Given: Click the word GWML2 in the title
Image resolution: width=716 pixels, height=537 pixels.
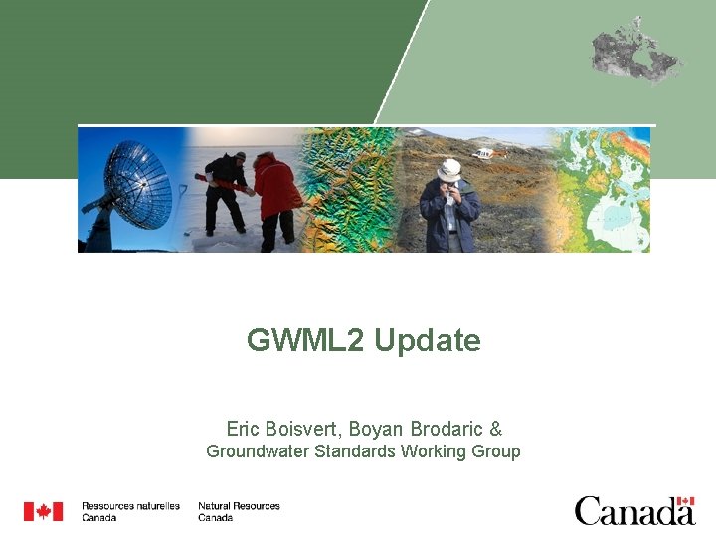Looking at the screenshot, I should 306,341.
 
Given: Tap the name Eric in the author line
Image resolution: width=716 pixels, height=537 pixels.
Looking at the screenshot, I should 245,429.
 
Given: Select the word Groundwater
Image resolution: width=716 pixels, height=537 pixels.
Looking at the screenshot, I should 258,451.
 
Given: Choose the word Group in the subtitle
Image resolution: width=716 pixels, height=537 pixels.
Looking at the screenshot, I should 496,451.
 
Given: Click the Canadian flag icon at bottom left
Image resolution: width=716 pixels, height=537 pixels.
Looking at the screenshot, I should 43,511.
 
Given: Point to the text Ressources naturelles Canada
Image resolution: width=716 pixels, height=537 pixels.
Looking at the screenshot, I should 130,511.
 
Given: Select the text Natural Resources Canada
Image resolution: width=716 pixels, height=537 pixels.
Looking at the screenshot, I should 239,511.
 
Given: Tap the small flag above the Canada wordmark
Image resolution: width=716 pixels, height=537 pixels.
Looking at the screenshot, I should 684,501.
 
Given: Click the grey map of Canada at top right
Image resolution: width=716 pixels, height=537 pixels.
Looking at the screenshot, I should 636,50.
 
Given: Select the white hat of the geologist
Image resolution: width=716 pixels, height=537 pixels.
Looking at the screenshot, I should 449,168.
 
